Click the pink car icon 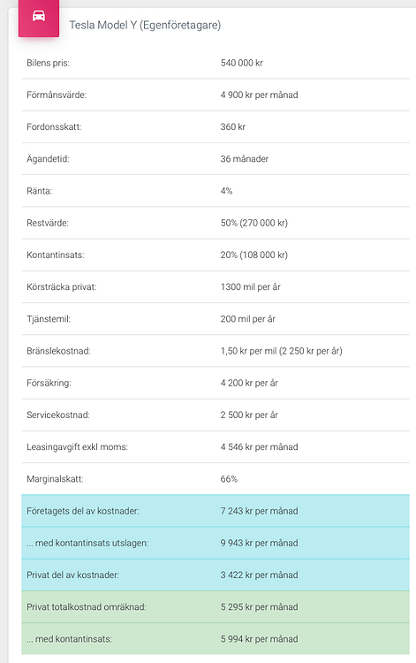(x=39, y=18)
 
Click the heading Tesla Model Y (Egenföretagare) (x=145, y=26)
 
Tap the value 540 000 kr (x=242, y=63)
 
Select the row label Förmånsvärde (x=57, y=95)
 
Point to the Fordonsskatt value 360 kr (x=233, y=126)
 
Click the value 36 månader (x=245, y=159)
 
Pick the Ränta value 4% (x=227, y=191)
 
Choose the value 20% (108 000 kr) (x=253, y=255)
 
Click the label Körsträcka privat (x=62, y=287)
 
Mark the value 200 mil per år (x=247, y=319)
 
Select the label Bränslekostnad (x=58, y=351)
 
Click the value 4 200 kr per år (x=250, y=383)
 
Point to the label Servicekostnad (x=58, y=415)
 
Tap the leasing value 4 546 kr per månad (x=259, y=447)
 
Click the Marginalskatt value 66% (x=229, y=479)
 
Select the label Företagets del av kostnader (x=82, y=511)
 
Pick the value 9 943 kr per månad (x=259, y=543)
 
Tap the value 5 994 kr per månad (x=259, y=638)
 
